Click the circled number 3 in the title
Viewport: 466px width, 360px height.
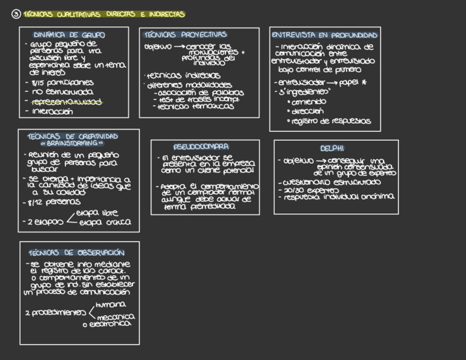(16, 15)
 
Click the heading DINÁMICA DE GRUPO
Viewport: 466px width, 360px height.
(69, 35)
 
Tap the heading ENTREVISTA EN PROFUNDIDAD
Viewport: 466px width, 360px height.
(325, 35)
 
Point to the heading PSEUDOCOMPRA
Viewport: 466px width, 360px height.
(201, 147)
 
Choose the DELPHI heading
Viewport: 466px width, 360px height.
(332, 148)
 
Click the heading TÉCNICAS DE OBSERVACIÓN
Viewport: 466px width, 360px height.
(76, 253)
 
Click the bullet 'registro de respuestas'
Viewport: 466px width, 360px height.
(331, 121)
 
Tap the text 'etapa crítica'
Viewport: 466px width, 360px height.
(105, 223)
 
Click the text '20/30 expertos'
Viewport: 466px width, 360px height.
(308, 190)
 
